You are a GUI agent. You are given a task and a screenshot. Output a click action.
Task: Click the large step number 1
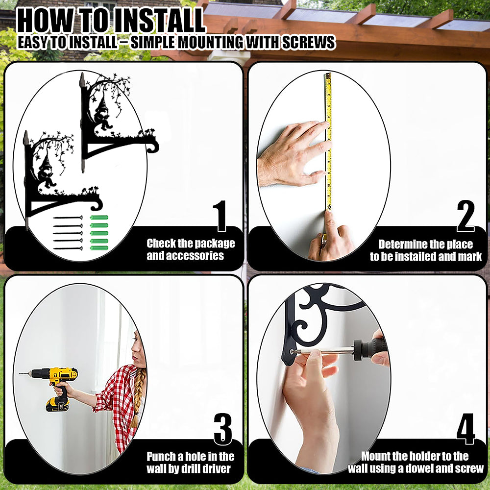pos(220,216)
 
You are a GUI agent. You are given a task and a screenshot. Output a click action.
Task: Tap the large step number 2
pos(465,216)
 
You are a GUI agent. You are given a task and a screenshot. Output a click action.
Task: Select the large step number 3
pos(223,429)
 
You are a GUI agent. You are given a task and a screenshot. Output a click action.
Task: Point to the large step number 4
pos(465,429)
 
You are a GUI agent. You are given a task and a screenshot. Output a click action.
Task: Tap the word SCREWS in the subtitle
pos(308,43)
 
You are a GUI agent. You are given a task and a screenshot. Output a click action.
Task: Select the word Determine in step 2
pos(401,244)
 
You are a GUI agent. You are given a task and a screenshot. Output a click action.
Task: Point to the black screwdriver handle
pos(370,349)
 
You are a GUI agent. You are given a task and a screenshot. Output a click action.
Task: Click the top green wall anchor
pos(99,218)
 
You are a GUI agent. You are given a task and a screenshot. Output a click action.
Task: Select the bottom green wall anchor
pos(99,248)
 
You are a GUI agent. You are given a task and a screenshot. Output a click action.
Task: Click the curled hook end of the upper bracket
pos(153,146)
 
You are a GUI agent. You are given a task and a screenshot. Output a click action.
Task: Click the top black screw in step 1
pos(68,218)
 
